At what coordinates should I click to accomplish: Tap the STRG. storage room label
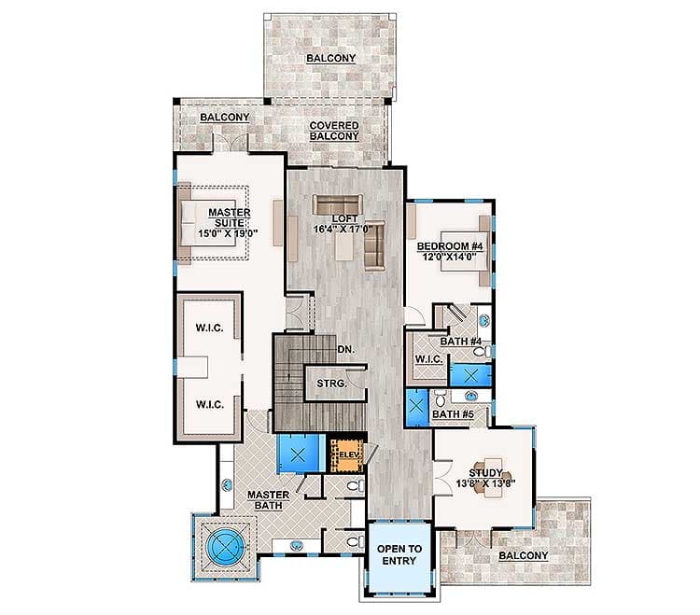[x=331, y=384]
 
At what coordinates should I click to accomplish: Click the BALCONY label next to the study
[x=523, y=556]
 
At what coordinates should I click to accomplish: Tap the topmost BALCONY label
[x=326, y=58]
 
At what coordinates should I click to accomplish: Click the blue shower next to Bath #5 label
[x=417, y=408]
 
